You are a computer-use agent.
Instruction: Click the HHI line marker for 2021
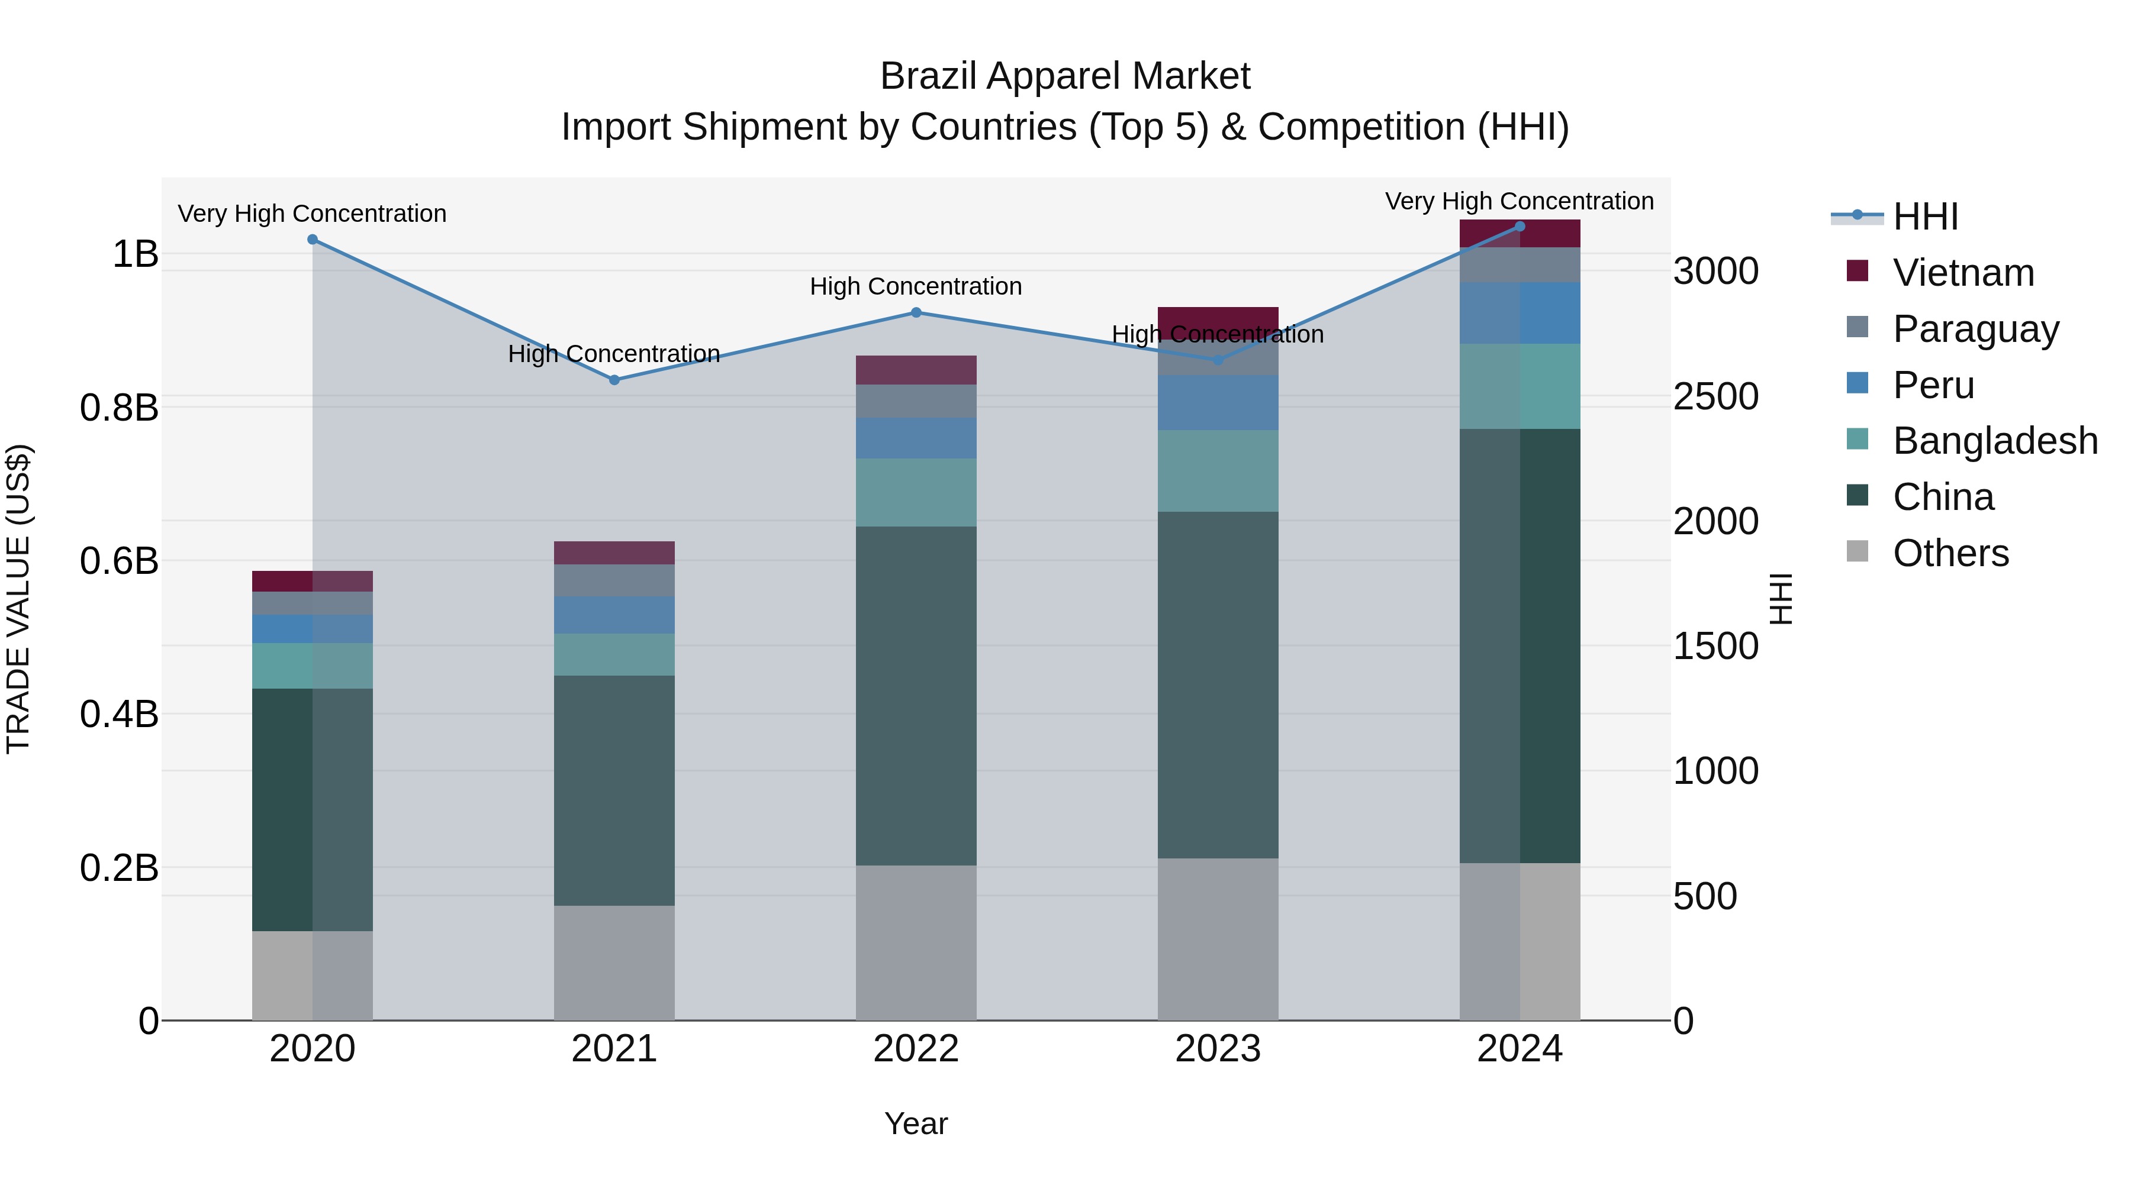pyautogui.click(x=614, y=380)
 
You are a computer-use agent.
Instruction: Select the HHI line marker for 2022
pyautogui.click(x=916, y=312)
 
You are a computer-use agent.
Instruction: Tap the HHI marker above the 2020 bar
pyautogui.click(x=312, y=240)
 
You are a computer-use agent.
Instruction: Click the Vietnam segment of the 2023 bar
pyautogui.click(x=1218, y=322)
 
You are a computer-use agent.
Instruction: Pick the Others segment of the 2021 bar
pyautogui.click(x=614, y=963)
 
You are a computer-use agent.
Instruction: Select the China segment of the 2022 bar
pyautogui.click(x=916, y=696)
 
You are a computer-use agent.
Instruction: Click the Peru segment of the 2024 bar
pyautogui.click(x=1520, y=312)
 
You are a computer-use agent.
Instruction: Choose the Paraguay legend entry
pyautogui.click(x=1975, y=328)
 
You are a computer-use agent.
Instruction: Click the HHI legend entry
pyautogui.click(x=1924, y=217)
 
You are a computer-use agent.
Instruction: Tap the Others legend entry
pyautogui.click(x=1950, y=553)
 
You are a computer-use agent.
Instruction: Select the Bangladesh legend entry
pyautogui.click(x=1994, y=441)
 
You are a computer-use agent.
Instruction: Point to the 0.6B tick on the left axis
pyautogui.click(x=119, y=561)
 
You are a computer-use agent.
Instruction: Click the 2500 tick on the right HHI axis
pyautogui.click(x=1715, y=397)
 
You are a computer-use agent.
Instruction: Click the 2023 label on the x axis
pyautogui.click(x=1218, y=1049)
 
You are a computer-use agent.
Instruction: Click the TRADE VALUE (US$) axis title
pyautogui.click(x=18, y=599)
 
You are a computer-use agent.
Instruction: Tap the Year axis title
pyautogui.click(x=916, y=1123)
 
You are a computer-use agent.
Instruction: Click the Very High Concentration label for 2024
pyautogui.click(x=1519, y=201)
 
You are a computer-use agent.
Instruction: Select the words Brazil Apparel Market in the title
pyautogui.click(x=1065, y=76)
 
